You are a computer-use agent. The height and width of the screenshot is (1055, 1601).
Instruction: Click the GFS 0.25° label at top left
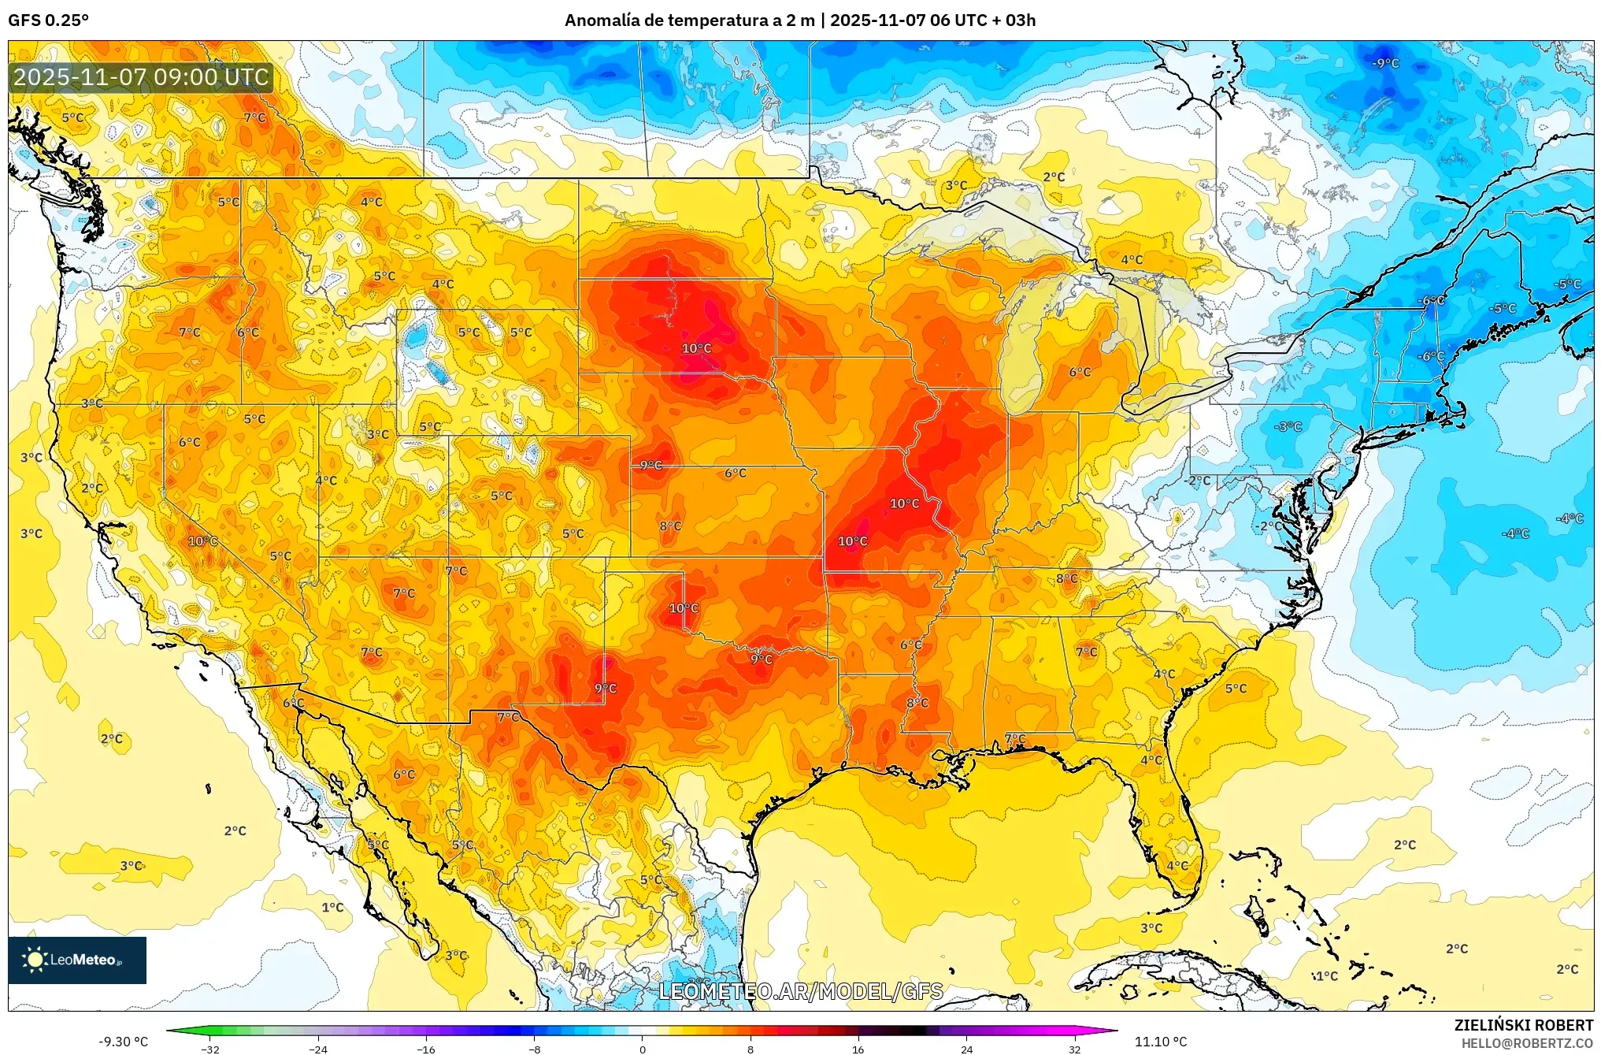(48, 20)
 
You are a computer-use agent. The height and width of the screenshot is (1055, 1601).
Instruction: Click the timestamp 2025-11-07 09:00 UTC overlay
(142, 77)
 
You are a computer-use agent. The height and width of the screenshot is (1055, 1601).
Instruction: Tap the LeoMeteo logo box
(77, 960)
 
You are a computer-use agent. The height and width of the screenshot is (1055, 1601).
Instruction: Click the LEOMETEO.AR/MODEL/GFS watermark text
(800, 991)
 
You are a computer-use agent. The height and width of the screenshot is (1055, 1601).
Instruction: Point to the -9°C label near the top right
(1385, 63)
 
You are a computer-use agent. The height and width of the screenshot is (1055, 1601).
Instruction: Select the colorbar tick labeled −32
(210, 1049)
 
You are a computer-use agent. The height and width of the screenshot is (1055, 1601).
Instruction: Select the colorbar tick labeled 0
(643, 1049)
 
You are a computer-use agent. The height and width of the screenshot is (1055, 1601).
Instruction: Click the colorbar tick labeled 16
(858, 1049)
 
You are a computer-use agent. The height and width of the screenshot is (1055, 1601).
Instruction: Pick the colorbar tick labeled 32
(1074, 1049)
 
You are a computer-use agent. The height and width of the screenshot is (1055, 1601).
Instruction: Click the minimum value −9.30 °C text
(123, 1042)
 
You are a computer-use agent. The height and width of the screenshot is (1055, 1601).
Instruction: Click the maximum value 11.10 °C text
(1160, 1042)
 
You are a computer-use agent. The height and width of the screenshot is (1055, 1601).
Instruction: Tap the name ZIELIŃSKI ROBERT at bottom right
(1523, 1025)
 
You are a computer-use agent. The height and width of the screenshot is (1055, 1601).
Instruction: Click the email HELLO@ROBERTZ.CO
(1527, 1043)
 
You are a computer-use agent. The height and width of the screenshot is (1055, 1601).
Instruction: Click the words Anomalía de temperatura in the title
(666, 20)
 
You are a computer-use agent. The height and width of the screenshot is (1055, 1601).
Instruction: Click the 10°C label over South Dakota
(696, 348)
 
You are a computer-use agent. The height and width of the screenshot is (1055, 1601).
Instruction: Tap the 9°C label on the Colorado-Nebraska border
(650, 466)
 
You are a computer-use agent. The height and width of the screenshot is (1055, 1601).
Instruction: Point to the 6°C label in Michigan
(1080, 372)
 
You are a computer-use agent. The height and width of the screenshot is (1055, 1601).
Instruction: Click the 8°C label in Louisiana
(917, 703)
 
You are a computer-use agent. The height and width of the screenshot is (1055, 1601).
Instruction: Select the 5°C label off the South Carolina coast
(1236, 689)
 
